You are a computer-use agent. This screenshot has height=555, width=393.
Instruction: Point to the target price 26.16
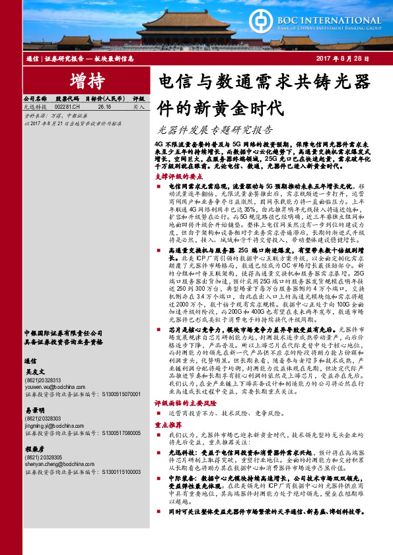[x=104, y=105]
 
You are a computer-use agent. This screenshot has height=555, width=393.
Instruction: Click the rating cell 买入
[x=138, y=105]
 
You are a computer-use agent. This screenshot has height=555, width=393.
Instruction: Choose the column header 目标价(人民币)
[x=104, y=97]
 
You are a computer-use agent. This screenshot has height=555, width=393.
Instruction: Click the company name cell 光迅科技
[x=34, y=105]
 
